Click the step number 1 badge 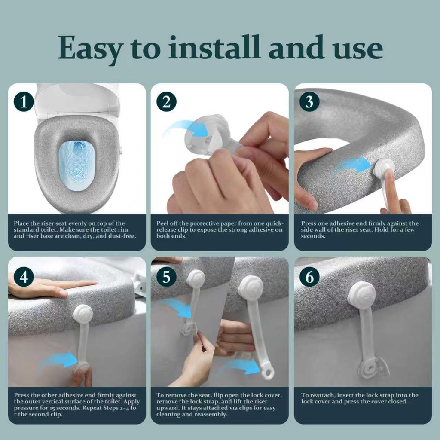(24, 102)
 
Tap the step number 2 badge (166, 102)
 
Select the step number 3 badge (309, 102)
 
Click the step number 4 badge (24, 277)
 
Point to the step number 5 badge (166, 277)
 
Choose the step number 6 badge (309, 277)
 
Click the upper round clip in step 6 (361, 295)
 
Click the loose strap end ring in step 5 (268, 371)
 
